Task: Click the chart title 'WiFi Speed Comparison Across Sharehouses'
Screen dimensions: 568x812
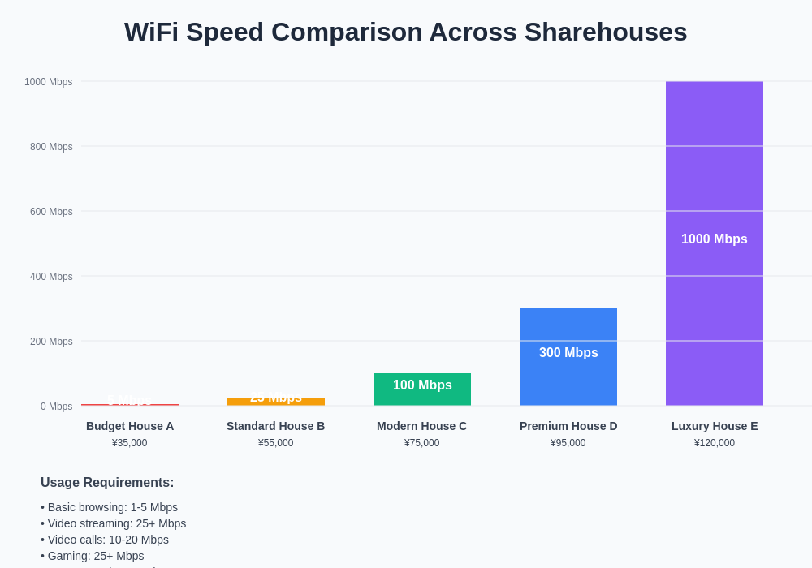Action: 405,32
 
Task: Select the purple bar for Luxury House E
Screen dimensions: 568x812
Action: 714,179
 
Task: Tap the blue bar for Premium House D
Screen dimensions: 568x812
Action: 568,381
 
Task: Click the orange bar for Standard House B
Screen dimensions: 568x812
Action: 275,402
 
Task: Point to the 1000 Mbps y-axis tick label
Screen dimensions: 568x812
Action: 48,82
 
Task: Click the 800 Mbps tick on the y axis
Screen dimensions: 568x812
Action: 51,147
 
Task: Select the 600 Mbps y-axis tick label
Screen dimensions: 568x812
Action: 51,212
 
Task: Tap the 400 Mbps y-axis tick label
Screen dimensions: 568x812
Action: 51,277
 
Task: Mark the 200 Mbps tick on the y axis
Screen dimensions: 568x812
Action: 51,342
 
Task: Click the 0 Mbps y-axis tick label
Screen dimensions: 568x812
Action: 56,407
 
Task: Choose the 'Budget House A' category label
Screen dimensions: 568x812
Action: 130,426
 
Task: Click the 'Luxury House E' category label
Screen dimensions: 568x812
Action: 715,426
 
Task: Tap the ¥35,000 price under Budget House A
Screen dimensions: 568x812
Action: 130,443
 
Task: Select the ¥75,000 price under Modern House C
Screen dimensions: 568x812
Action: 422,443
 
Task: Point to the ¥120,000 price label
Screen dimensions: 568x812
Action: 715,443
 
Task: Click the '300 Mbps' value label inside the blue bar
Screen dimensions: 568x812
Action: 568,353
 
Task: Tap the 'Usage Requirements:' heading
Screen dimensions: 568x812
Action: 107,483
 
